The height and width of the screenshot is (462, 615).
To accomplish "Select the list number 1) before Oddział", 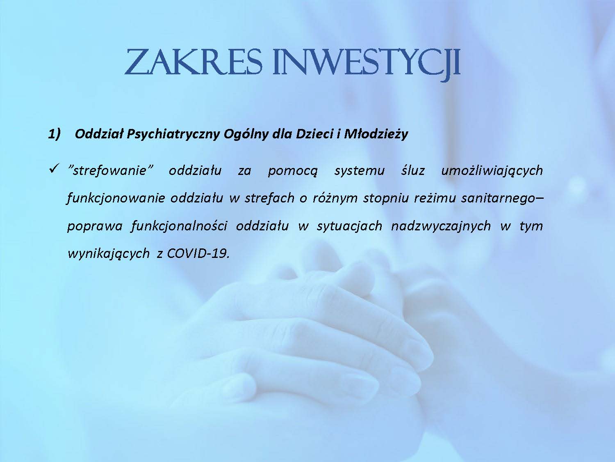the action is point(54,134).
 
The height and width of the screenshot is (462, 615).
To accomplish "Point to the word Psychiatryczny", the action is point(173,134).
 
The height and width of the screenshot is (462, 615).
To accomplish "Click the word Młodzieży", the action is point(376,134).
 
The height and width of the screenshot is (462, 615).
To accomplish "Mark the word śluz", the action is point(413,170).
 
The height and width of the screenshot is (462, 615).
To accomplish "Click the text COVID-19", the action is point(198,253).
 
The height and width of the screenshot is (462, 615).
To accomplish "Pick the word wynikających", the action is point(109,254).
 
